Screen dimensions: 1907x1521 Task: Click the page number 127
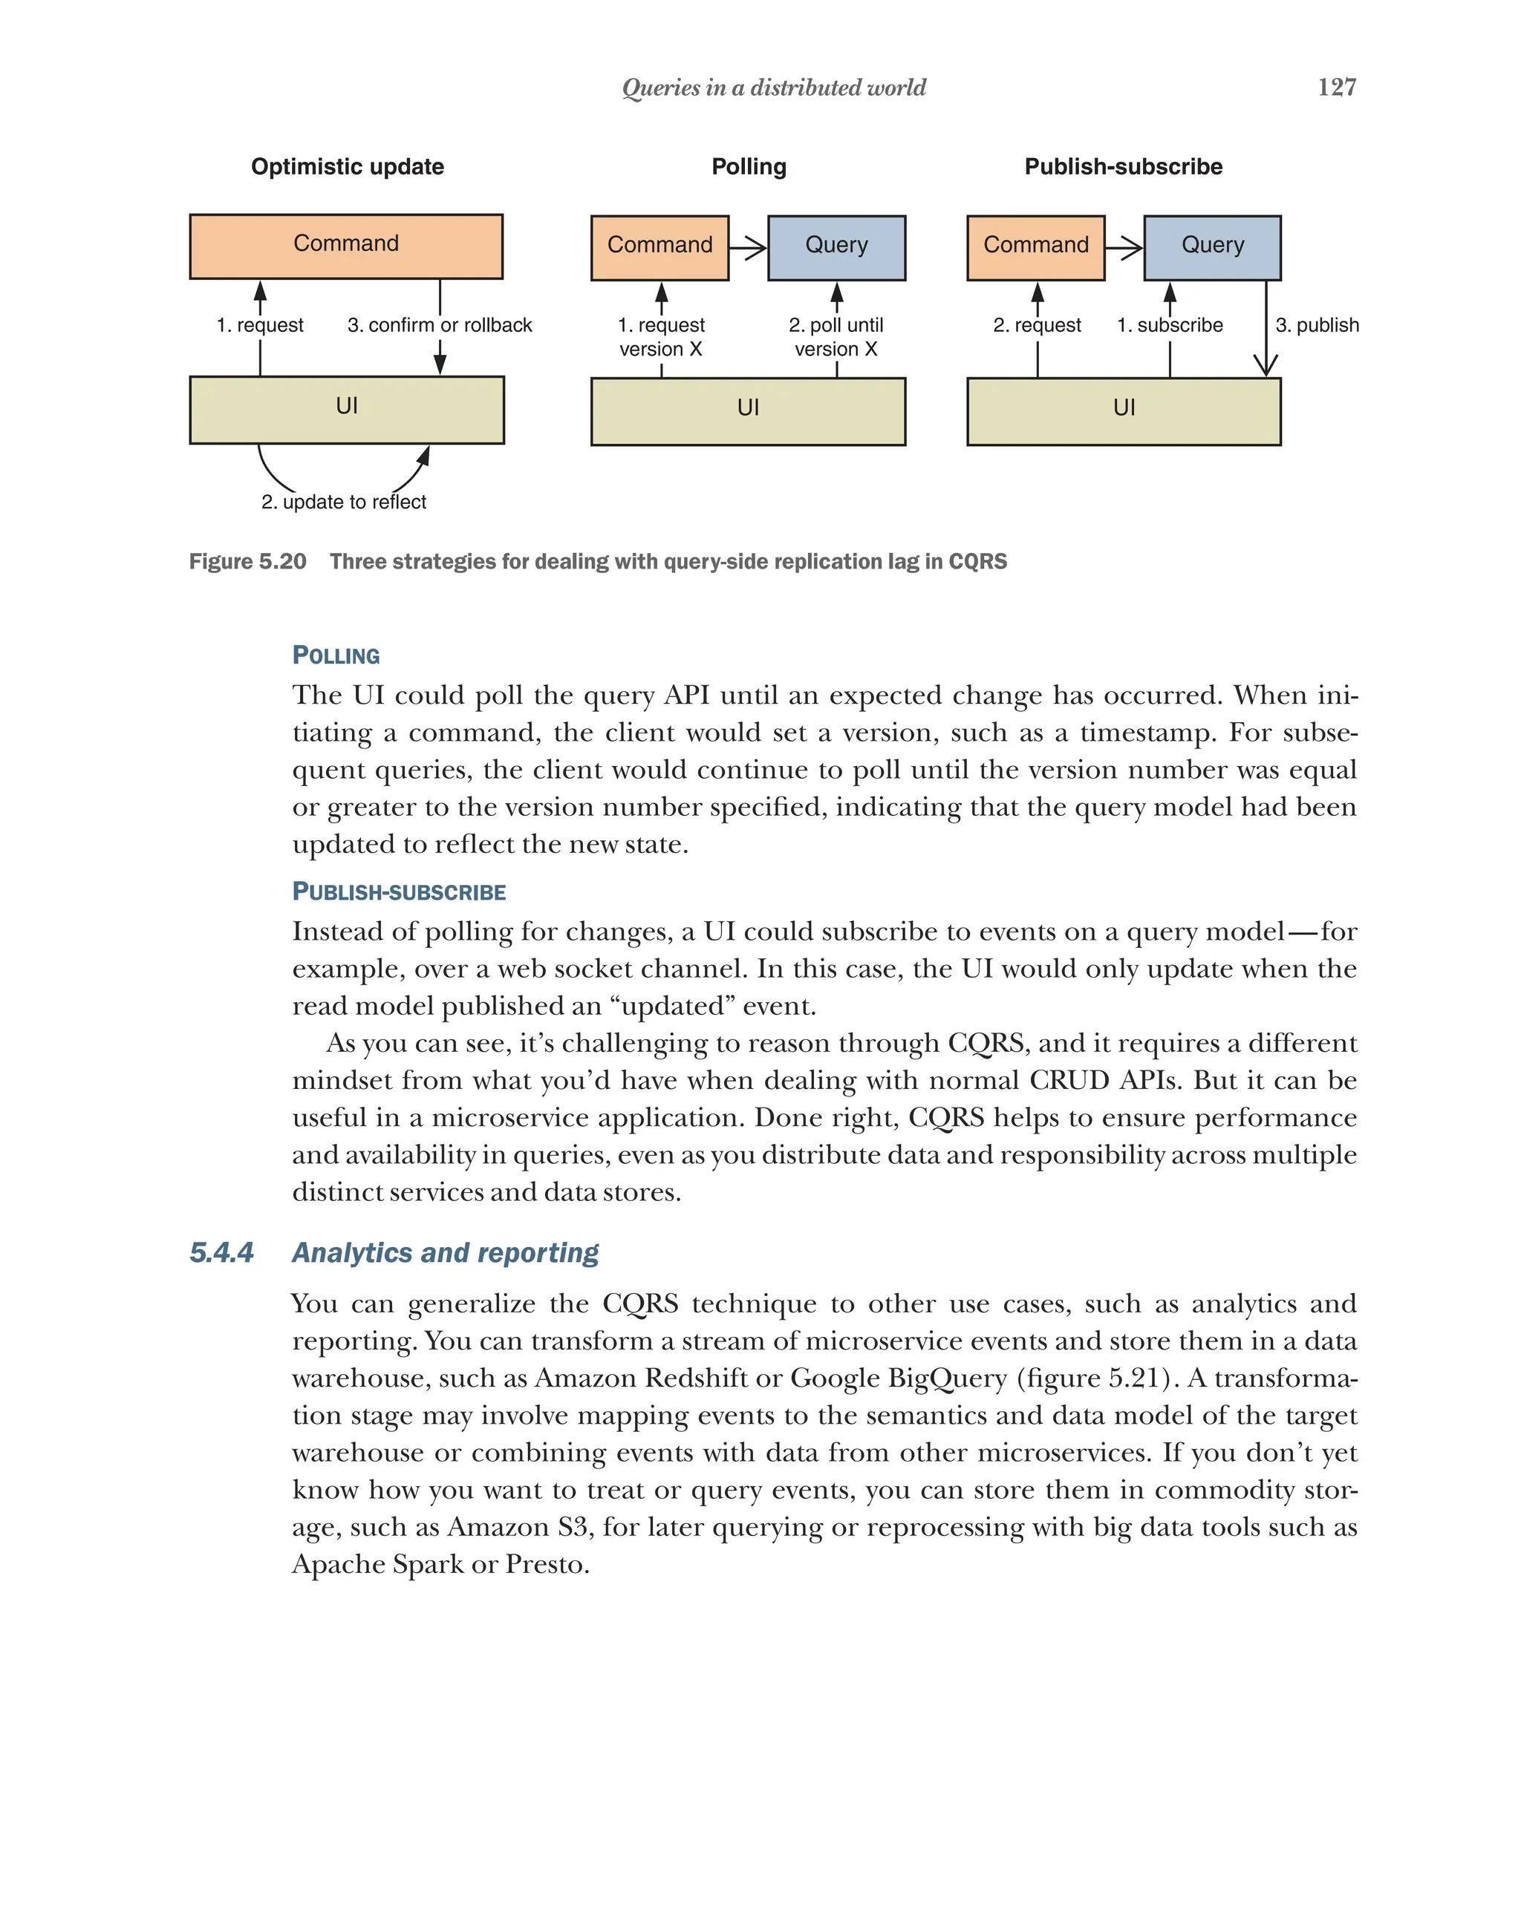tap(1336, 87)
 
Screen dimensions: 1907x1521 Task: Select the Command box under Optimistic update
tap(346, 246)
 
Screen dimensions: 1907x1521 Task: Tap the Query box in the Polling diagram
tap(836, 246)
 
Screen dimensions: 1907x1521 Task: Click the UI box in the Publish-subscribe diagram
tap(1123, 410)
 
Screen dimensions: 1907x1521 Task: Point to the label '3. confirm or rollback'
tap(440, 324)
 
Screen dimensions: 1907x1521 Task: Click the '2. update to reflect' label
tap(343, 502)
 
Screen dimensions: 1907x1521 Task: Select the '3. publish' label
tap(1317, 324)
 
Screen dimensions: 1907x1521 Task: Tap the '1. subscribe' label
tap(1169, 324)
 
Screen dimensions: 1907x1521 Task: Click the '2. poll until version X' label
tap(836, 337)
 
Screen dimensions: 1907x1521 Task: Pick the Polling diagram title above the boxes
tap(749, 166)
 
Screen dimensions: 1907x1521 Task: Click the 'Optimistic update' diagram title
tap(347, 166)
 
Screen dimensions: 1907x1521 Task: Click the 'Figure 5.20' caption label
tap(248, 562)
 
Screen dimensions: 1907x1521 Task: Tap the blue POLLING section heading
tap(336, 655)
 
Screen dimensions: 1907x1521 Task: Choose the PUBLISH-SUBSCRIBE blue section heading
tap(399, 892)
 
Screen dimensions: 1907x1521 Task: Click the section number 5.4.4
tap(221, 1252)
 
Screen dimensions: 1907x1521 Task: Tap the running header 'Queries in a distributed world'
tap(773, 88)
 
